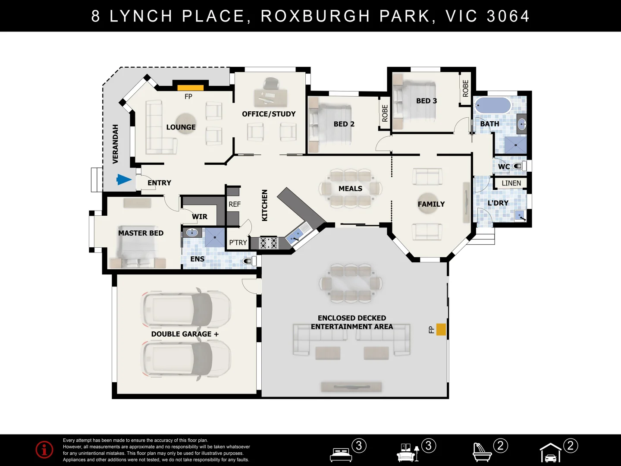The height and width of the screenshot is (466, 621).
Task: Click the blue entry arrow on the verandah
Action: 124,179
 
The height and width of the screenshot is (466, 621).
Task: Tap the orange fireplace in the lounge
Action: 191,88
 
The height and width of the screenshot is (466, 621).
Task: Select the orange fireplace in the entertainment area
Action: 441,330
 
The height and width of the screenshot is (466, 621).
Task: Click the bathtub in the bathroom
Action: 493,105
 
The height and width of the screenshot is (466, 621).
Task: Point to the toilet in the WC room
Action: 520,166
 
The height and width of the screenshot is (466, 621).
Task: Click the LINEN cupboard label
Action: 511,183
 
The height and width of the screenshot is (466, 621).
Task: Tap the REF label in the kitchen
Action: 235,204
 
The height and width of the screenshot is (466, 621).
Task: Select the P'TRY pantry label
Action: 238,242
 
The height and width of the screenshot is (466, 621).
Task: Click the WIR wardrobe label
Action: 200,217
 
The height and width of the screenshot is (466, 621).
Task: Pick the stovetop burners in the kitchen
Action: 269,243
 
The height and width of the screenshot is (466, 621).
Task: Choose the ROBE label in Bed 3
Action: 465,88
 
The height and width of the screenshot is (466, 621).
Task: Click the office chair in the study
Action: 271,83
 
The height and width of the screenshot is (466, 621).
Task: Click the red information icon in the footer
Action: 44,450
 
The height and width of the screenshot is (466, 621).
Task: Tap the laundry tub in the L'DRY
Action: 521,216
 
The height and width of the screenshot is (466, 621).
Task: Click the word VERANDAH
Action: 115,144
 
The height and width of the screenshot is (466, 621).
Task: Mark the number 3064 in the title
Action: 508,16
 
